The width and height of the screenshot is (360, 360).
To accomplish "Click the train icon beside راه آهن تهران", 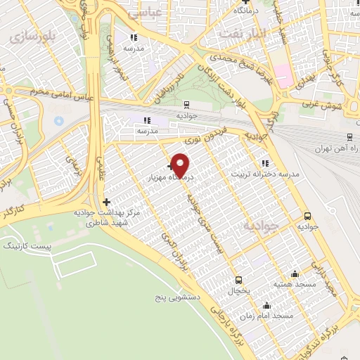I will [x=350, y=138].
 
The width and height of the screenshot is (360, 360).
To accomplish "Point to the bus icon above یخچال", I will [x=238, y=280].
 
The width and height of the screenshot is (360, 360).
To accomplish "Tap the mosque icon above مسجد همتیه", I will [x=295, y=274].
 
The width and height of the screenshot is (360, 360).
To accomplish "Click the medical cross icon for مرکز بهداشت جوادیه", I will [x=106, y=202].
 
